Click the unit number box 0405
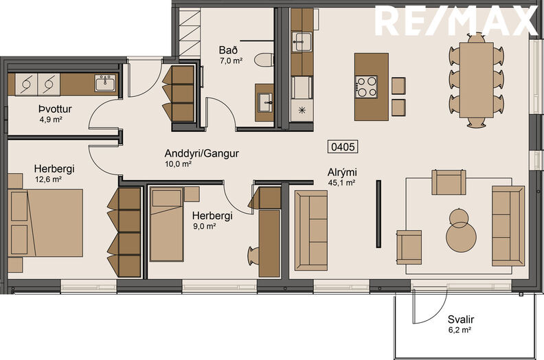click(x=343, y=147)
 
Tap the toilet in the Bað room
click(x=263, y=60)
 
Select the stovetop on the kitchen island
click(x=365, y=87)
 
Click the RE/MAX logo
click(x=456, y=21)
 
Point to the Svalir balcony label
click(x=460, y=319)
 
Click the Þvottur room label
click(x=55, y=109)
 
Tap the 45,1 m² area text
click(x=341, y=183)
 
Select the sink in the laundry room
click(x=105, y=83)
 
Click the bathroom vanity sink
click(x=264, y=102)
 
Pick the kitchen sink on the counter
click(x=302, y=41)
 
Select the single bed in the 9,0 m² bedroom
click(x=166, y=224)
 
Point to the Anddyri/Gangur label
click(x=201, y=153)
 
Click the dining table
click(x=477, y=80)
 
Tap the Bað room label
click(x=228, y=50)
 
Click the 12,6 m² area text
click(x=49, y=179)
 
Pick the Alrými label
click(x=342, y=172)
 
